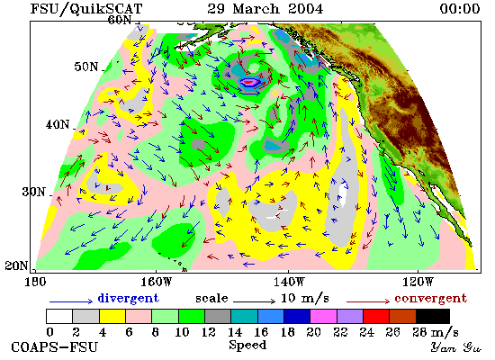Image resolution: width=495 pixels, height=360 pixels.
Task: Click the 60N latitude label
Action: [x=120, y=20]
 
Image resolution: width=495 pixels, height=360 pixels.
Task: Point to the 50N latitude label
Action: [x=86, y=67]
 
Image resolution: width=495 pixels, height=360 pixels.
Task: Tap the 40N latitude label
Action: [x=58, y=124]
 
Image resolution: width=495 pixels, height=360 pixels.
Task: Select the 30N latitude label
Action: [x=33, y=192]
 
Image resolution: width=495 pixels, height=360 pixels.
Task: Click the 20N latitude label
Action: [x=16, y=265]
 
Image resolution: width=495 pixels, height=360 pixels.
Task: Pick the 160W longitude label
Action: [x=156, y=282]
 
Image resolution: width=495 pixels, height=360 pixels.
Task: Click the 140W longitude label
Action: [x=289, y=282]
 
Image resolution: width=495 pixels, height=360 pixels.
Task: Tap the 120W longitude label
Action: [x=418, y=282]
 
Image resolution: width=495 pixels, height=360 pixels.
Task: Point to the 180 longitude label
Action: [x=35, y=282]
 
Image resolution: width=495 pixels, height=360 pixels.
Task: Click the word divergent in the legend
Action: [x=128, y=298]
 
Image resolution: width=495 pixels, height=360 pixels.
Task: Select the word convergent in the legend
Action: [x=430, y=298]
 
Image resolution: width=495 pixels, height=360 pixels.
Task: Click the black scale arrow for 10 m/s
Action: [x=254, y=301]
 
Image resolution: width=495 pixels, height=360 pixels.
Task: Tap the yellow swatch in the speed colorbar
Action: [x=112, y=317]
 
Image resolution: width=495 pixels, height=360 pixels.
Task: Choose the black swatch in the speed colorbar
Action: [x=433, y=317]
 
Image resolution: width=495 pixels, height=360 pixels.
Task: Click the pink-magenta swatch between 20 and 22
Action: [x=323, y=317]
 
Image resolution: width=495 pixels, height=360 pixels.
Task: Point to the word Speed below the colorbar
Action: [x=247, y=345]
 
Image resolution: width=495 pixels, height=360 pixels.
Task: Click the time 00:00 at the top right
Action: [x=460, y=8]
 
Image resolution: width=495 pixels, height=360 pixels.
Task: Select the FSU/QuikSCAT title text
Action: [x=86, y=9]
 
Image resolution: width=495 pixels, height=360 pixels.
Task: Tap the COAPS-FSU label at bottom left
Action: [x=55, y=346]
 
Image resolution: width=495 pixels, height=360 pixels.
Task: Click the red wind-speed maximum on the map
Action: [x=248, y=83]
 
